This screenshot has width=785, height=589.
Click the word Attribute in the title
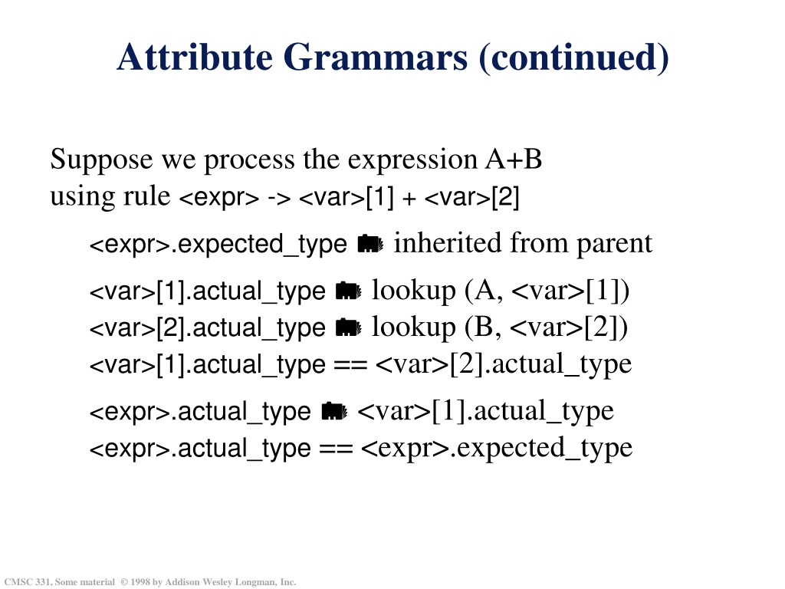(x=195, y=57)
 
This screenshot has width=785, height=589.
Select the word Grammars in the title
(x=376, y=57)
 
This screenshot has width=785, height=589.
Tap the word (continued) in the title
(x=573, y=58)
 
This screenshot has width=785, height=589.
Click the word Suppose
(x=101, y=160)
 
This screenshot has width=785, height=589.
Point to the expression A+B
(x=514, y=160)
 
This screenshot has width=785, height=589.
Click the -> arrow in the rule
(x=279, y=198)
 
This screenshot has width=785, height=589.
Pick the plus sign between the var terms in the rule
(x=409, y=199)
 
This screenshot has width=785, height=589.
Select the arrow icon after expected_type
(x=371, y=244)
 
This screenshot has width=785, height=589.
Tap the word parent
(x=614, y=245)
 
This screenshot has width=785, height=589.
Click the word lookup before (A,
(x=413, y=291)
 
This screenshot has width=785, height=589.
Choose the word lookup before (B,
(x=413, y=328)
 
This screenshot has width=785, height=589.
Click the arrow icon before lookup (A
(x=349, y=291)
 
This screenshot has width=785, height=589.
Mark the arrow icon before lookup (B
(x=349, y=328)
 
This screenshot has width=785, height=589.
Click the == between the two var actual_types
(x=350, y=365)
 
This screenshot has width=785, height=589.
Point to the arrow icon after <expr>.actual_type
(x=334, y=412)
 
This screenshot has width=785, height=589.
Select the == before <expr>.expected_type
(x=336, y=449)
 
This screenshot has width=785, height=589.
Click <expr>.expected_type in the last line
(x=497, y=448)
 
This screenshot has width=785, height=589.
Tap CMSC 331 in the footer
(x=27, y=582)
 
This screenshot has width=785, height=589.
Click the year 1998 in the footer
(x=140, y=582)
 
